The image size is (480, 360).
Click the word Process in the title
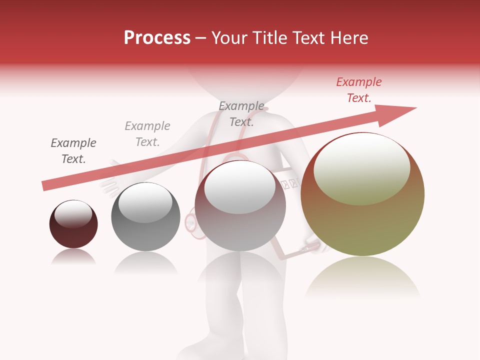point(157,38)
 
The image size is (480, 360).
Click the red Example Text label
point(359,90)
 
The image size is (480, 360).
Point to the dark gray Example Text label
point(73,151)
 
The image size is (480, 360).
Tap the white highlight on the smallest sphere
point(73,214)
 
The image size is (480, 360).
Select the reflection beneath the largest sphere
point(362,277)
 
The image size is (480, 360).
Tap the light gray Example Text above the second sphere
point(147,134)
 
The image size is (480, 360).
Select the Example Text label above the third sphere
point(241,114)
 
